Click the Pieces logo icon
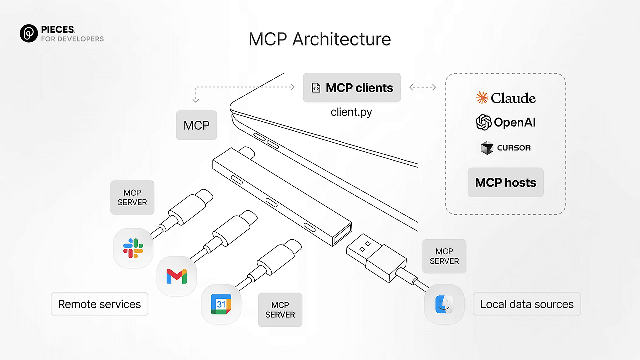[x=29, y=33]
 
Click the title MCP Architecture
[x=320, y=39]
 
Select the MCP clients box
[x=352, y=88]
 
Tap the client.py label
[x=351, y=112]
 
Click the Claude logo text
[x=506, y=98]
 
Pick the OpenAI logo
[x=506, y=122]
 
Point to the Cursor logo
[x=506, y=148]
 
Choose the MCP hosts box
[x=506, y=183]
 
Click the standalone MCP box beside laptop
[x=196, y=125]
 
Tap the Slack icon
[x=133, y=248]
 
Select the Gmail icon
[x=177, y=276]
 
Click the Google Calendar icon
[x=221, y=304]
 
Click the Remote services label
[x=100, y=304]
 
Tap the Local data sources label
[x=527, y=304]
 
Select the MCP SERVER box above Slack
[x=132, y=198]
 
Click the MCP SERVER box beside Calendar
[x=280, y=310]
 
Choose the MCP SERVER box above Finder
[x=444, y=256]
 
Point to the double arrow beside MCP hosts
[x=422, y=87]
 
